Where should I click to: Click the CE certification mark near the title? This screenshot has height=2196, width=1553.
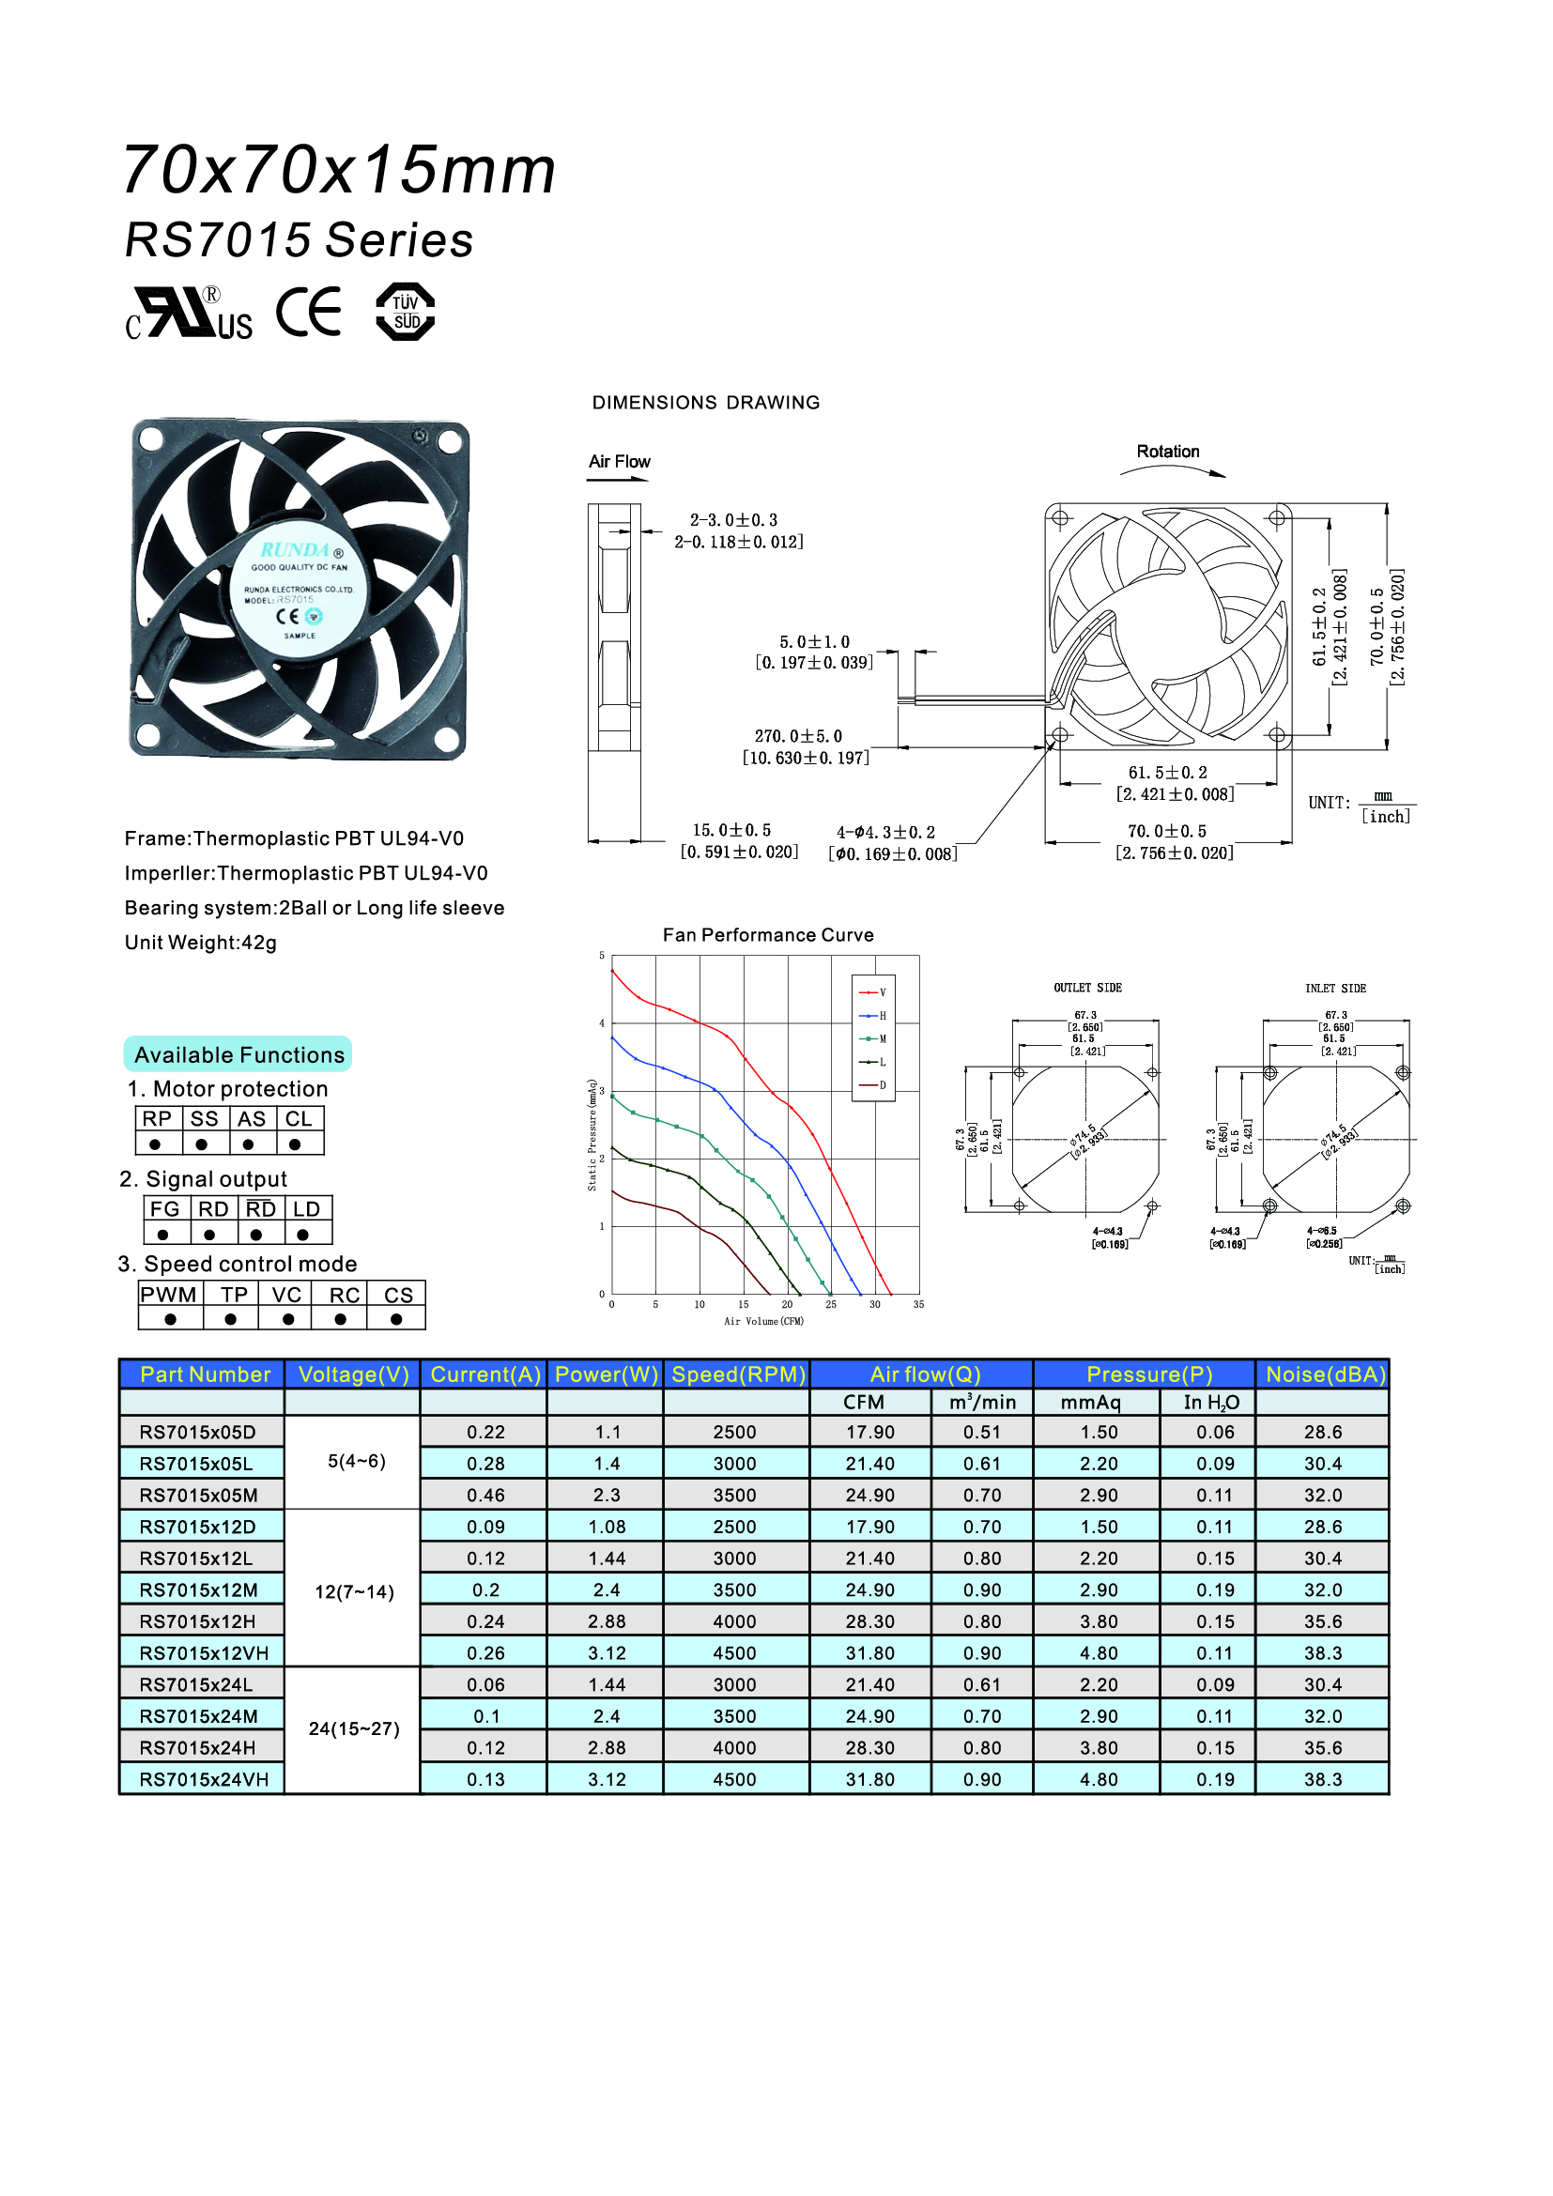309,312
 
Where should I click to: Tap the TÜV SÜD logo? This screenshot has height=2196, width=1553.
406,312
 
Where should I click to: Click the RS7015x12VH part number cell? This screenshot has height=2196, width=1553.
204,1652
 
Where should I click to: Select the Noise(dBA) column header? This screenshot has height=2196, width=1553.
1325,1374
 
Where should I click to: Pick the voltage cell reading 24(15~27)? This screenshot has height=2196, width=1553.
354,1729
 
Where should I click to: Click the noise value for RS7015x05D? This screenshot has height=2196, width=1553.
1323,1432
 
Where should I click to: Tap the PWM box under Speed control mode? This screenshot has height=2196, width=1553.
169,1295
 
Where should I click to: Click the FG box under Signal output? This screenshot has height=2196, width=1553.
164,1209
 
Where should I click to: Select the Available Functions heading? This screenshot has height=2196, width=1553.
239,1055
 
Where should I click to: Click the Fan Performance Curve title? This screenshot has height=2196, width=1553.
768,934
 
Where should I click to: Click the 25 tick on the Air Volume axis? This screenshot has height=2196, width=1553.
831,1305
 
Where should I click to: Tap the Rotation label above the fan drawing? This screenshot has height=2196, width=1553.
1168,452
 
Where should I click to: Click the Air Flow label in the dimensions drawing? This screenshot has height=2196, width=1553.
620,462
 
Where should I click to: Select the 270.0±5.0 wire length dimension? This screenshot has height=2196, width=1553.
798,736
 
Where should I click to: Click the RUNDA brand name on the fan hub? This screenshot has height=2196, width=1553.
296,550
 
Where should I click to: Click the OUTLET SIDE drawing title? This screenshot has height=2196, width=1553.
1087,988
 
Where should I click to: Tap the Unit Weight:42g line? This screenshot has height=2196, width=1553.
201,943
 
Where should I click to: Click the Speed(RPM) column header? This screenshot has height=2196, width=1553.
738,1374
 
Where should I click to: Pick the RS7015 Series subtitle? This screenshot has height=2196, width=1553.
300,240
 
